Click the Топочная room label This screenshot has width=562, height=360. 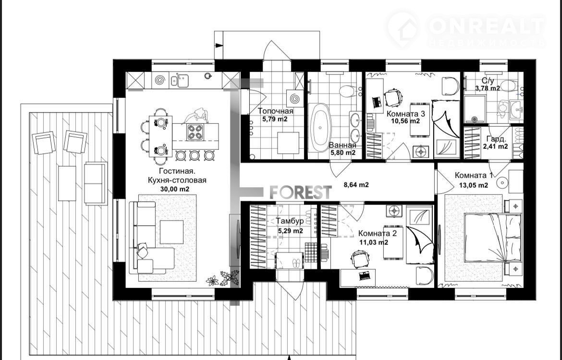click(x=275, y=111)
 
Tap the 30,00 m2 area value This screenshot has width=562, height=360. click(x=175, y=189)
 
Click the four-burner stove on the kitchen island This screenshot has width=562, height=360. click(x=195, y=132)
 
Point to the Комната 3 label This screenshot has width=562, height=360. click(x=405, y=114)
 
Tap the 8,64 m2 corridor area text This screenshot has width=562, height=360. click(x=356, y=185)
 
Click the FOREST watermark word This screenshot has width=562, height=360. click(x=300, y=192)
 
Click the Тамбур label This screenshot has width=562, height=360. click(x=290, y=221)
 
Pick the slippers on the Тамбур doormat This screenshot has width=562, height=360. click(x=297, y=264)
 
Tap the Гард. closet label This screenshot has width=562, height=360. click(x=496, y=139)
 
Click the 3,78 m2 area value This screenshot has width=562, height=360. click(x=488, y=88)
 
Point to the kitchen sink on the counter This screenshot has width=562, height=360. click(x=179, y=80)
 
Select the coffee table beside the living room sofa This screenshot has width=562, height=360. click(x=171, y=232)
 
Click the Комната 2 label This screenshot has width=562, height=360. click(x=378, y=234)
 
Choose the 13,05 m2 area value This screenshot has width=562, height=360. click(x=474, y=185)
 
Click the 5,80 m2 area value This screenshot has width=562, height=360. click(x=343, y=153)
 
